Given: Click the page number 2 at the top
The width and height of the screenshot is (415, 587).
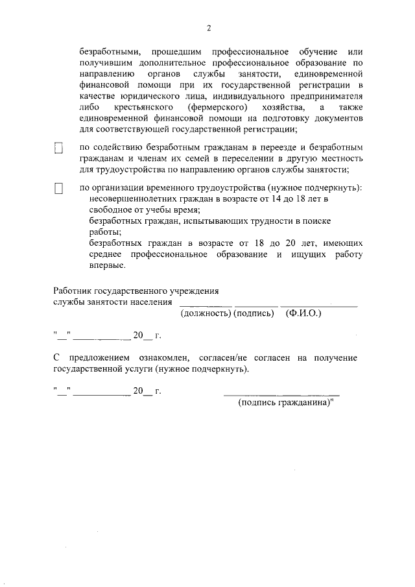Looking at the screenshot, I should click(x=208, y=28).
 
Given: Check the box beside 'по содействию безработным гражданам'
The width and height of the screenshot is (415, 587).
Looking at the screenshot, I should click(x=58, y=149).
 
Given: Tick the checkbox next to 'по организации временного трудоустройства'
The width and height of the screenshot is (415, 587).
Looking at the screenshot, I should click(x=58, y=189).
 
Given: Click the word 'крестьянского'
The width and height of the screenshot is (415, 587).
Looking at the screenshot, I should click(x=141, y=106).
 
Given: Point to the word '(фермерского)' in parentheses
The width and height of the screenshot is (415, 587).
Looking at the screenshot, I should click(x=216, y=106).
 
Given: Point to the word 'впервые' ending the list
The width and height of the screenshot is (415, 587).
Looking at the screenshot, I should click(x=106, y=265).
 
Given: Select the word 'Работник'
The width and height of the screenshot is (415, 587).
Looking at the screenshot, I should click(x=71, y=291).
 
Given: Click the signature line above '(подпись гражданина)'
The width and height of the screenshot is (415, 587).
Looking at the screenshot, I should click(x=281, y=394).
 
